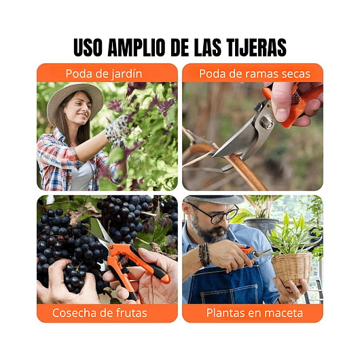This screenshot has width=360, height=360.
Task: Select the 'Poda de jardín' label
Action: [x=107, y=73]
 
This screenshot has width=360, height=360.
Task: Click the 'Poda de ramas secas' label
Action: [x=252, y=73]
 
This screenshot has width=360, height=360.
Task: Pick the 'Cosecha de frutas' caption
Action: [x=100, y=313]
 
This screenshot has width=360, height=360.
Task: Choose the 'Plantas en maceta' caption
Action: [x=252, y=313]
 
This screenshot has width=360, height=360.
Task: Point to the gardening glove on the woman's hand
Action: [x=116, y=128]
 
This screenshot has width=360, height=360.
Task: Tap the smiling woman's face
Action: [x=78, y=111]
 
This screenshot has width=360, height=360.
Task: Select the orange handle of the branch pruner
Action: [x=299, y=105]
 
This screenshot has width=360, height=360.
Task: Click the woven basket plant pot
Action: [x=292, y=268]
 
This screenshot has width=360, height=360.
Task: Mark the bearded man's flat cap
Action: [x=211, y=199]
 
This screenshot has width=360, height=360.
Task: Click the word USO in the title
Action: [x=89, y=48]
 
